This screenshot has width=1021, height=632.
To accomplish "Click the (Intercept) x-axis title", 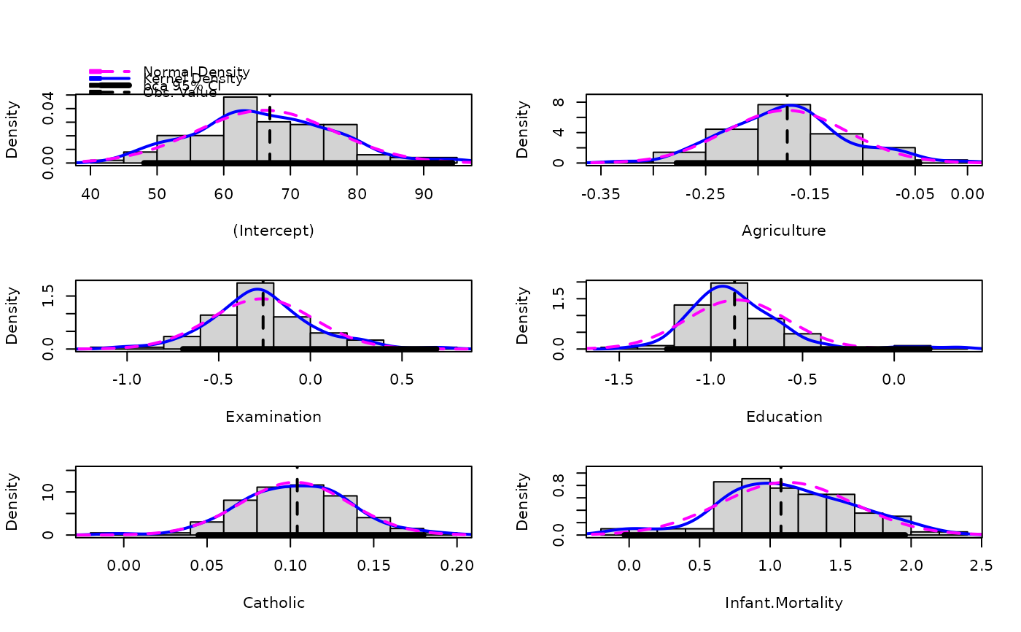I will pyautogui.click(x=273, y=231).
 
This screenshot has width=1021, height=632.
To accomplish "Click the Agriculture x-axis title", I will pyautogui.click(x=784, y=231).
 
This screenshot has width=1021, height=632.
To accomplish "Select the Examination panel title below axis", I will pyautogui.click(x=273, y=417).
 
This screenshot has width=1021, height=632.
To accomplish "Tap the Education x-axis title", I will pyautogui.click(x=784, y=417).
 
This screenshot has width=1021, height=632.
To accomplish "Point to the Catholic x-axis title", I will pyautogui.click(x=273, y=603).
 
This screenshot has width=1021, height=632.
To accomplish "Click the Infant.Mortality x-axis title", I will pyautogui.click(x=784, y=603).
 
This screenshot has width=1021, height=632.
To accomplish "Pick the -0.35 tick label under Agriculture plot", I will pyautogui.click(x=601, y=193).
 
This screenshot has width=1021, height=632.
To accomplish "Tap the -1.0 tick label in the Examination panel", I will pyautogui.click(x=128, y=379).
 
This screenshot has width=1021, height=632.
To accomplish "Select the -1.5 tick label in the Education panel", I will pyautogui.click(x=619, y=379).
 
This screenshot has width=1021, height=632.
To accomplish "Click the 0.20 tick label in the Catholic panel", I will pyautogui.click(x=457, y=566).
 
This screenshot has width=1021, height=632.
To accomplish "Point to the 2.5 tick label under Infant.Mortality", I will pyautogui.click(x=982, y=566).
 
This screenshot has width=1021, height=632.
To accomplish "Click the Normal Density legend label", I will pyautogui.click(x=196, y=72).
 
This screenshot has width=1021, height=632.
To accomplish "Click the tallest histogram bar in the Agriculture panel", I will pyautogui.click(x=784, y=134).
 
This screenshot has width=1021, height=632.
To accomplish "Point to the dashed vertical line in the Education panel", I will pyautogui.click(x=734, y=321).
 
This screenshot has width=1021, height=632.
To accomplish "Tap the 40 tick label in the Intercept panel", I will pyautogui.click(x=90, y=193).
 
